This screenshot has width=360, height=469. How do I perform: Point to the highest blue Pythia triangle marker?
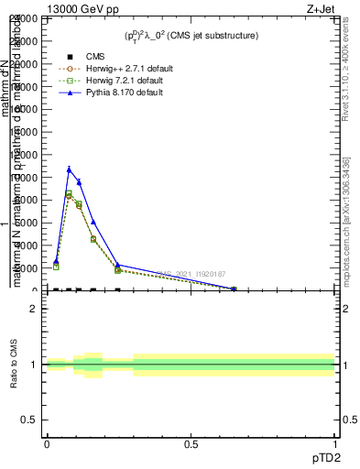[x=69, y=169]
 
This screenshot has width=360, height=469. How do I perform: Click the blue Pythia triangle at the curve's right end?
[x=234, y=289]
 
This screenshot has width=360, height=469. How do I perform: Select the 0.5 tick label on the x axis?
[x=191, y=444]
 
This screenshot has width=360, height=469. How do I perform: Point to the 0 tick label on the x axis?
[x=47, y=444]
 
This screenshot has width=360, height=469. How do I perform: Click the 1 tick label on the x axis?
[x=336, y=444]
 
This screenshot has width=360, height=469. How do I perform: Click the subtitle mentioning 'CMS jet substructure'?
[x=191, y=36]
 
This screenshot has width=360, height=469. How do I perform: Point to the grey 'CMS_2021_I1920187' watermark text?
[x=191, y=273]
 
